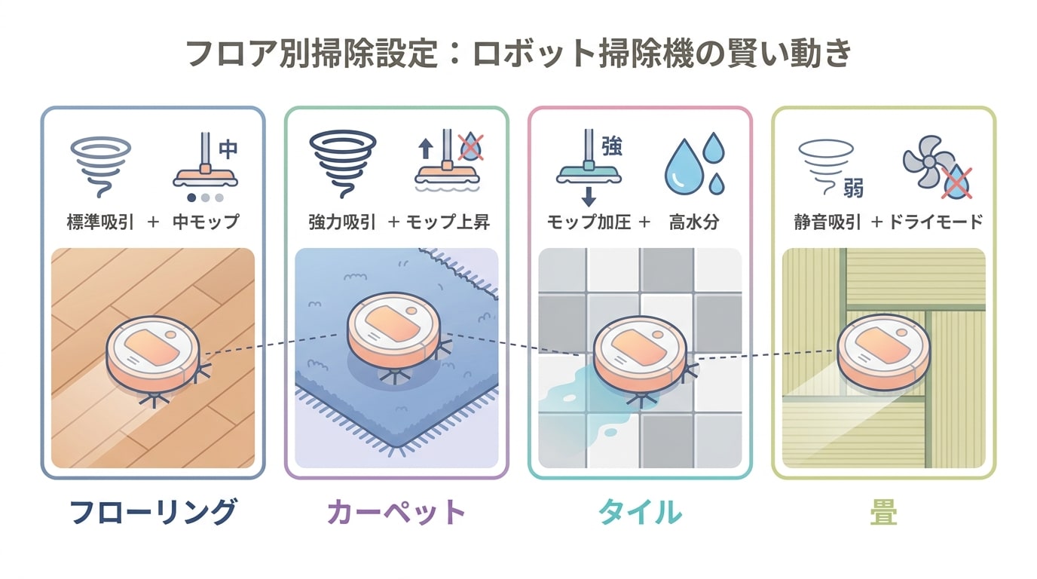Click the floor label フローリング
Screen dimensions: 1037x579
point(153,511)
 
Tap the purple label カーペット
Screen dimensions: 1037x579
point(396,512)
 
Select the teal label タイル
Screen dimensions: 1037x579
point(641,511)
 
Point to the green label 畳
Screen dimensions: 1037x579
point(884,511)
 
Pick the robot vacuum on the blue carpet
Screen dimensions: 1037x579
point(394,329)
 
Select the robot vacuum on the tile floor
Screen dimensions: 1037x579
point(640,354)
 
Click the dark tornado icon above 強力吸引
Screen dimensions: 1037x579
point(343,163)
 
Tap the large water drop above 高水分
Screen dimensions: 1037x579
point(684,167)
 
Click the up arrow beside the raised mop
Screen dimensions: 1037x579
point(426,149)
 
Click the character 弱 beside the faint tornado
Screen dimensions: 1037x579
point(853,188)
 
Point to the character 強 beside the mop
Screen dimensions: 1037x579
point(611,147)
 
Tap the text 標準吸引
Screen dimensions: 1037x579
point(100,222)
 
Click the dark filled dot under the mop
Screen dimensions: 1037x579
point(191,198)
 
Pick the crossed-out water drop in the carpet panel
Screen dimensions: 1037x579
point(471,147)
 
